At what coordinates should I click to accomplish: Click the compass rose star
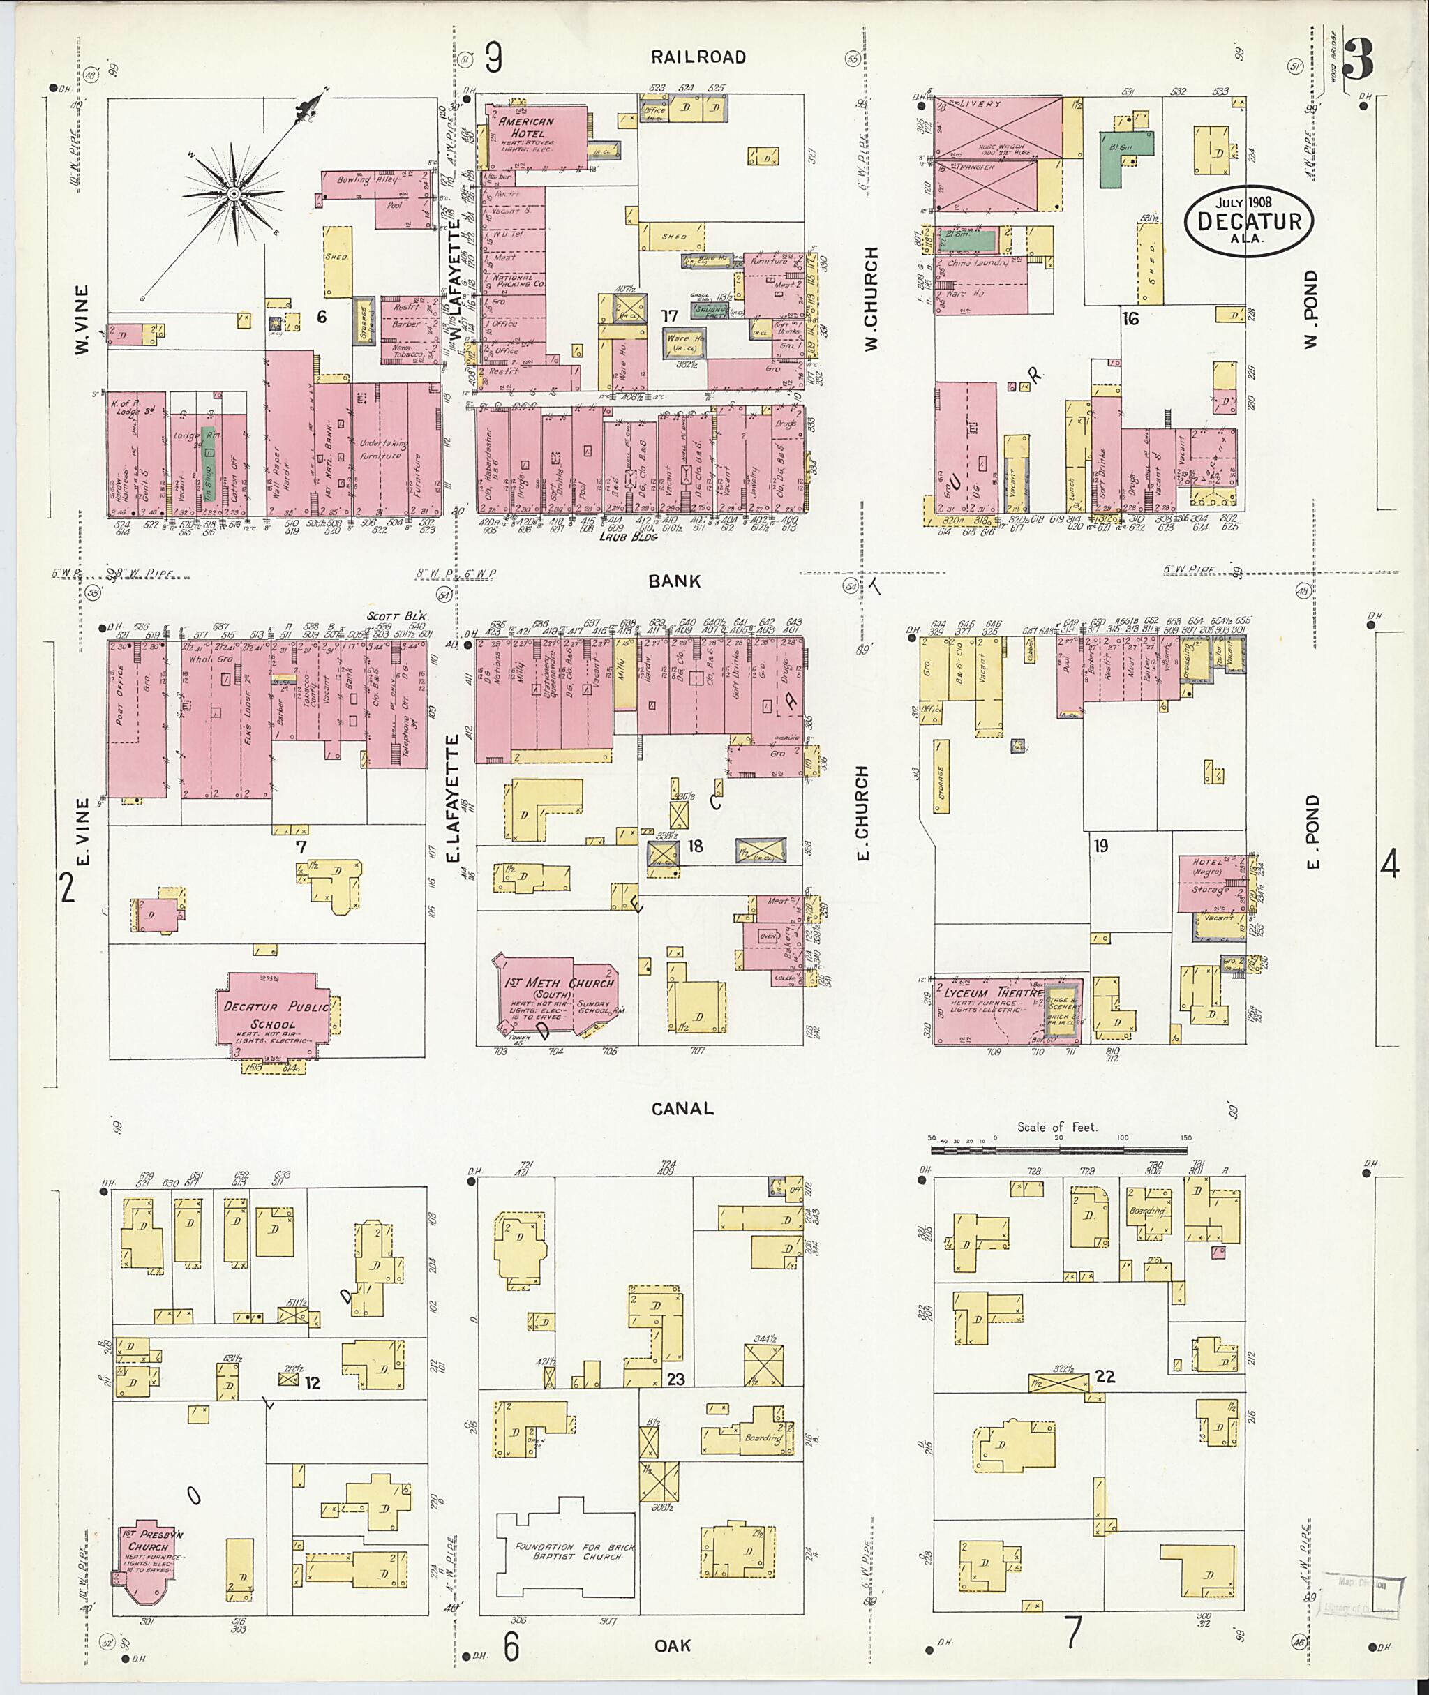click(x=232, y=194)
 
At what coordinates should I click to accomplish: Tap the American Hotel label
click(x=527, y=126)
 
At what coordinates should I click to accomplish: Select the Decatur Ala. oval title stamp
click(x=1248, y=221)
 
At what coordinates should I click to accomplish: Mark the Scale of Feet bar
click(x=1058, y=1149)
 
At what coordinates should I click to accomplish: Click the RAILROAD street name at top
click(x=698, y=57)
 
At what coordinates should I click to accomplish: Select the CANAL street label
click(x=682, y=1108)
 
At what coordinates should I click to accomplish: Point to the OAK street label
click(x=673, y=1645)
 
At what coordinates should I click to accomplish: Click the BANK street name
click(x=674, y=581)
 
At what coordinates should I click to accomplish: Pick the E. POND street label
click(x=1312, y=830)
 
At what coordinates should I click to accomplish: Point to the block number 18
click(x=694, y=846)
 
